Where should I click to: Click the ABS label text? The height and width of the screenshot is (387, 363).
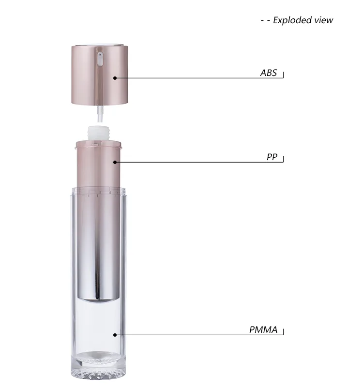pyautogui.click(x=269, y=73)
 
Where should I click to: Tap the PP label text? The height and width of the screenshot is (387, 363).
pyautogui.click(x=272, y=157)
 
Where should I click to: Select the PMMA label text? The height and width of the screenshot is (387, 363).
pyautogui.click(x=263, y=330)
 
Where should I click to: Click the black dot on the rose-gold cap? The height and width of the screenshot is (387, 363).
pyautogui.click(x=115, y=78)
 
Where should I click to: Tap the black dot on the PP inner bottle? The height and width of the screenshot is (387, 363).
pyautogui.click(x=115, y=162)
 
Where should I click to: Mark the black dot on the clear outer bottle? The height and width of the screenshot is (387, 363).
pyautogui.click(x=115, y=335)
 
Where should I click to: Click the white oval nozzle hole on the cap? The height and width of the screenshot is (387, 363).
pyautogui.click(x=100, y=59)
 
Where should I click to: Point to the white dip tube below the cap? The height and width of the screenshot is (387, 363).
pyautogui.click(x=100, y=114)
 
